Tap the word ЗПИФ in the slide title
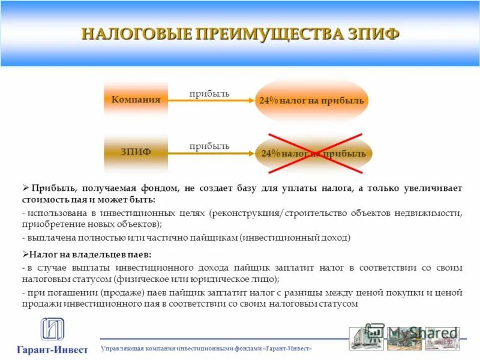coord(373,34)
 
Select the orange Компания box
coord(136,100)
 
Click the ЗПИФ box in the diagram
coord(136,152)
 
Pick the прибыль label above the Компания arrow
coord(209,93)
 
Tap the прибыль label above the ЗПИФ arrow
coord(209,145)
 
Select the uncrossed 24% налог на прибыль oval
coord(311,101)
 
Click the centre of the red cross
coord(314,153)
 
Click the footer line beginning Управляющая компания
coord(206,349)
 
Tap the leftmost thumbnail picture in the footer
coord(365,338)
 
